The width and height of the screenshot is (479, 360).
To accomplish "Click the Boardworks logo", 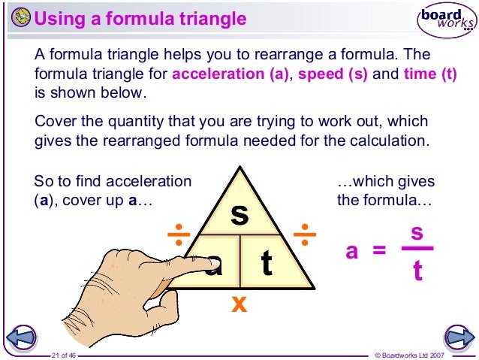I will click(446, 19).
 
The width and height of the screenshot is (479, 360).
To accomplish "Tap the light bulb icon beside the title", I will click(23, 17).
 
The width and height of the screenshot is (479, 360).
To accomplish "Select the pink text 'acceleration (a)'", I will click(230, 76).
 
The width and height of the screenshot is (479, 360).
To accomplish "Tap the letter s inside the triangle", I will click(239, 214).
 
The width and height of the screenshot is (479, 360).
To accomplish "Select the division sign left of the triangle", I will click(179, 234).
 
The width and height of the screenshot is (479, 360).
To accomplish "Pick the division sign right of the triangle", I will click(305, 234).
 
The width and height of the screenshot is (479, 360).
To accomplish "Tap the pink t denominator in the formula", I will click(417, 271).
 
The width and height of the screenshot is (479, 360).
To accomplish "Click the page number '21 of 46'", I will click(64, 354).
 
